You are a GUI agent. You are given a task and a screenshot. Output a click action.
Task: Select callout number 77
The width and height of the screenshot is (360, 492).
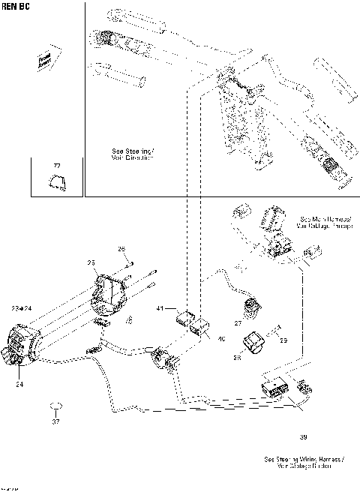coord(55,164)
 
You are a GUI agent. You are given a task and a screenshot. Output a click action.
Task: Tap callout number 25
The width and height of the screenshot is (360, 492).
coord(91,262)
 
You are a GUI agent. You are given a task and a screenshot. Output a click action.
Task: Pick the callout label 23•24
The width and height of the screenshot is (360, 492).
coord(21,308)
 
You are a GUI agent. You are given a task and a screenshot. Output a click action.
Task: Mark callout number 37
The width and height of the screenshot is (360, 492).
coord(55,421)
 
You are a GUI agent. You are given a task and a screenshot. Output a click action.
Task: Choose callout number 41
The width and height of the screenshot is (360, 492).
coord(159,309)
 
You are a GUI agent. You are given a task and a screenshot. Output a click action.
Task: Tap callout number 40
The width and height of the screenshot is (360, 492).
coord(220,339)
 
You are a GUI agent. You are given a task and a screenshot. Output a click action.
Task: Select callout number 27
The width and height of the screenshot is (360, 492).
coord(238,324)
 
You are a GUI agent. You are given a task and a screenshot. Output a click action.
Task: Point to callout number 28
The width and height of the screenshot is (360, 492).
coord(237,358)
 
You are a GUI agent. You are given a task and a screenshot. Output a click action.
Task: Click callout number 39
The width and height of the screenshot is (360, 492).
coord(303,436)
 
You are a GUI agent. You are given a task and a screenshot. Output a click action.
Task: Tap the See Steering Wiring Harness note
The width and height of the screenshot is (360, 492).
coord(304,462)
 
